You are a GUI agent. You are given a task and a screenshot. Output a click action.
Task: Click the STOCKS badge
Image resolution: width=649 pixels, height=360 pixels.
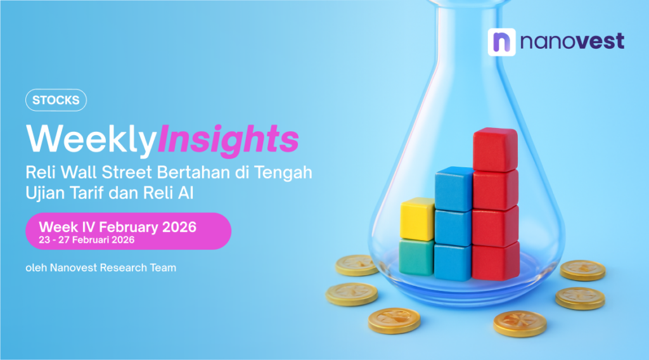(56, 100)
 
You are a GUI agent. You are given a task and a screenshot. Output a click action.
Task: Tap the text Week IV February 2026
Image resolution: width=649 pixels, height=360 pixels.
(118, 227)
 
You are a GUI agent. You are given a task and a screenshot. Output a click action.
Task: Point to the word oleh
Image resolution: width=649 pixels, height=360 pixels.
(35, 268)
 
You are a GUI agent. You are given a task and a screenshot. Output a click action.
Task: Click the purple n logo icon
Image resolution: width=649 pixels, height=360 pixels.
(501, 42)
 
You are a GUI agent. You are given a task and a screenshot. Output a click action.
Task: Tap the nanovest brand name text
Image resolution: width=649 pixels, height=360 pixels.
(572, 42)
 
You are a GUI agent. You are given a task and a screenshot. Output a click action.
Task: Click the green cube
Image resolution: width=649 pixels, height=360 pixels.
(416, 257)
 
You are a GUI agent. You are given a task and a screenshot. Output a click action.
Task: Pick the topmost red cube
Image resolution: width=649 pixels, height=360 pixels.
(496, 150)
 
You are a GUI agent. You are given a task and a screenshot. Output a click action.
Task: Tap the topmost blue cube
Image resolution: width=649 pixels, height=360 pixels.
(454, 188)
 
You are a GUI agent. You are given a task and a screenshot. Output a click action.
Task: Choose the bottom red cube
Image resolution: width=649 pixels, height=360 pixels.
(496, 260)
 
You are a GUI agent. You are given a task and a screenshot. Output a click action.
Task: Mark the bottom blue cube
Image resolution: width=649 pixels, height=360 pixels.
(453, 261)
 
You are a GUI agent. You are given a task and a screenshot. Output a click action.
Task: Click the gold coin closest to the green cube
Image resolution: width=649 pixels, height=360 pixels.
(357, 264)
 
